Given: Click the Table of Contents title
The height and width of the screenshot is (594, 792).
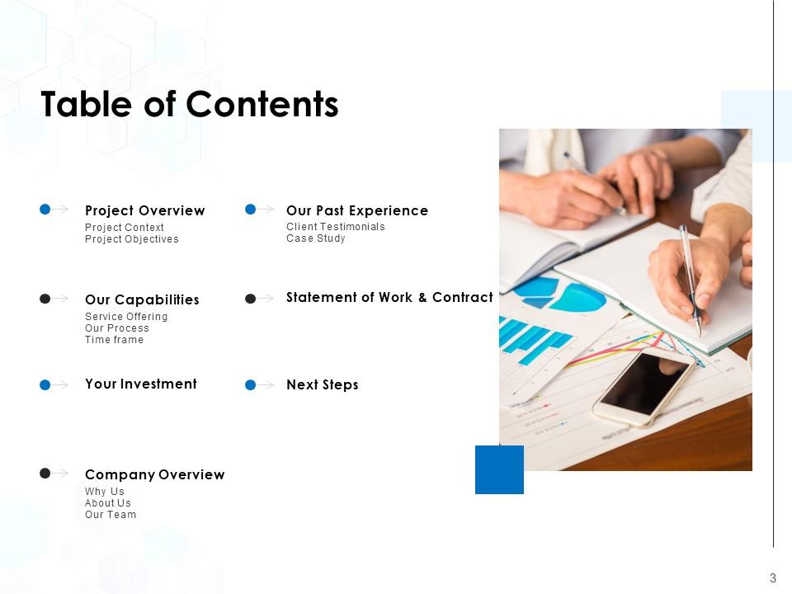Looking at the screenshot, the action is click(190, 104).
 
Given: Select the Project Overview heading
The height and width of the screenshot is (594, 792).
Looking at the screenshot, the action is click(145, 210).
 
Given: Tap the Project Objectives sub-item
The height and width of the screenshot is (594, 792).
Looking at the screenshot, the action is click(132, 239).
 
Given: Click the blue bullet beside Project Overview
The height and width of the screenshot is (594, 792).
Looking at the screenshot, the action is click(45, 209).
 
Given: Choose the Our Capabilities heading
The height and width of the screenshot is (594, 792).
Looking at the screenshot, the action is click(142, 299).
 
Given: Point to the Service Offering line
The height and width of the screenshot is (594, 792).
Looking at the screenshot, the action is click(126, 316).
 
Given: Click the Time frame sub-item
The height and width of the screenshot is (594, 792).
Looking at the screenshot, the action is click(114, 340).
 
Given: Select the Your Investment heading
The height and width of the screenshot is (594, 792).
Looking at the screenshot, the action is click(141, 384).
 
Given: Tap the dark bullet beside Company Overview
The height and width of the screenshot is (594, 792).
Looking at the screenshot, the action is click(45, 473).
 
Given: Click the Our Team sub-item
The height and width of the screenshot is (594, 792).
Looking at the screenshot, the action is click(111, 515).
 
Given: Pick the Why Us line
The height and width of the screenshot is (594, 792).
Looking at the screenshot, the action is click(105, 492).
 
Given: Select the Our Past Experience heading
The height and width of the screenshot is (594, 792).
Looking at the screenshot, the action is click(357, 210).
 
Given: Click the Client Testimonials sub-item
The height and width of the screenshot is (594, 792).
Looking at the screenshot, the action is click(336, 227).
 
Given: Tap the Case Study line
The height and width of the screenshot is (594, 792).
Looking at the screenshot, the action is click(316, 238).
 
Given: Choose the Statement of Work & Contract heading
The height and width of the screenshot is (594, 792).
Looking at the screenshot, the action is click(389, 297).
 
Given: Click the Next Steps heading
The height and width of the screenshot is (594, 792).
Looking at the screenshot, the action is click(323, 385).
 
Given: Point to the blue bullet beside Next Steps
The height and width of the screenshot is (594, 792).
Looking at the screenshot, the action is click(250, 385).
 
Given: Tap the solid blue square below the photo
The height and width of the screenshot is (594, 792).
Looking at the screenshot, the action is click(500, 469).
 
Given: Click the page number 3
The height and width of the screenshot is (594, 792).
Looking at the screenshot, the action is click(773, 577).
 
